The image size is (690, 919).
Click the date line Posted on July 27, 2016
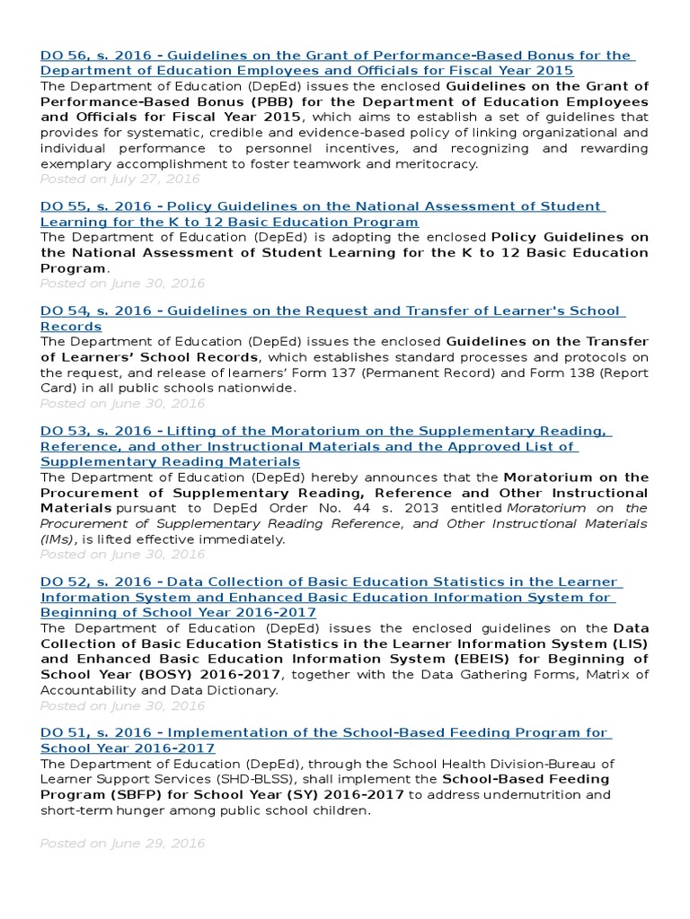point(119,179)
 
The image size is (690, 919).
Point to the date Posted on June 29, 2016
point(122,844)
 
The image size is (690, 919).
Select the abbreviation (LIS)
point(630,644)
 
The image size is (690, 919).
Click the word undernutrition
point(554,795)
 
